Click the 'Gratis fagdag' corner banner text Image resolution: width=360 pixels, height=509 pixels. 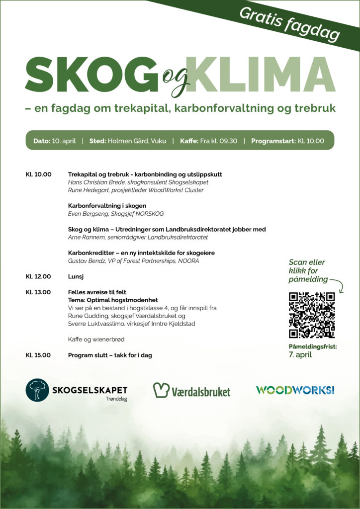[289, 23]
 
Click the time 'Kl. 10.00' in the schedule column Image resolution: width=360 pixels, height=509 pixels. [38, 174]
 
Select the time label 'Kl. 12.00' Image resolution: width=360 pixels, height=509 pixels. [38, 275]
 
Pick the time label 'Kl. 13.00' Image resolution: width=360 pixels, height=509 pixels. [38, 292]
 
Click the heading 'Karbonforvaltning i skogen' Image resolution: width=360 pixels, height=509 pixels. [107, 205]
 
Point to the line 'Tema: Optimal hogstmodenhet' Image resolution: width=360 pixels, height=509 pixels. [113, 300]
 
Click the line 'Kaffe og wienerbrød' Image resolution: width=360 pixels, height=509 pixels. [96, 339]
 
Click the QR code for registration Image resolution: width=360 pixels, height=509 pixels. [312, 315]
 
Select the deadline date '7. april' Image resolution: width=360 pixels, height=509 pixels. [300, 355]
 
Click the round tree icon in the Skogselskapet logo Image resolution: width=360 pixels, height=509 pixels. [38, 390]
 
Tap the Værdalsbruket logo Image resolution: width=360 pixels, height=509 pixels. [191, 390]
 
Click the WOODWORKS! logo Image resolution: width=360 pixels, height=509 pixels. [295, 390]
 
